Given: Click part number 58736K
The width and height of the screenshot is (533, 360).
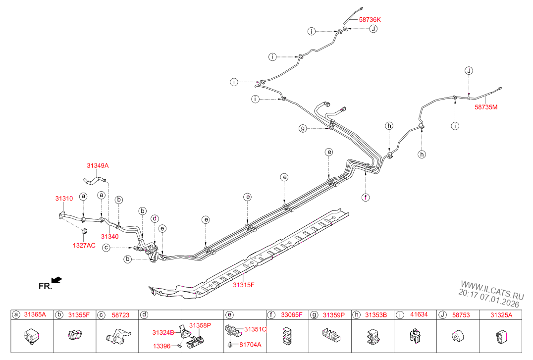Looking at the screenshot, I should pyautogui.click(x=370, y=19).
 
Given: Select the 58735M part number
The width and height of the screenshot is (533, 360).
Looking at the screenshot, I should pyautogui.click(x=486, y=106).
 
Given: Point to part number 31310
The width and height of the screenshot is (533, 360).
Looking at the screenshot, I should pyautogui.click(x=64, y=199).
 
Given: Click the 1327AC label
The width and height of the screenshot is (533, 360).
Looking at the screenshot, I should pyautogui.click(x=84, y=245).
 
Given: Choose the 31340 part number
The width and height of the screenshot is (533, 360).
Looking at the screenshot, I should pyautogui.click(x=109, y=237).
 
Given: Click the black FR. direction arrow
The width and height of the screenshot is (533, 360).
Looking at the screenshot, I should pyautogui.click(x=57, y=280).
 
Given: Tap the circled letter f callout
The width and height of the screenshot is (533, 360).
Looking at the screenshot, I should pyautogui.click(x=366, y=197).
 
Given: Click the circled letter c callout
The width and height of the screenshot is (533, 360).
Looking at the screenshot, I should pyautogui.click(x=106, y=248).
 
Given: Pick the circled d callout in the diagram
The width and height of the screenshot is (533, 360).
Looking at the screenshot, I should pyautogui.click(x=155, y=218).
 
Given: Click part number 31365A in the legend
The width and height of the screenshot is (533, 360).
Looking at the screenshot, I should pyautogui.click(x=36, y=315).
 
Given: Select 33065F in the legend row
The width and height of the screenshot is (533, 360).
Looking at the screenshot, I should pyautogui.click(x=291, y=315).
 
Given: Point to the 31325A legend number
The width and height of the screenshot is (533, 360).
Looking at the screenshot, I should pyautogui.click(x=501, y=315).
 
